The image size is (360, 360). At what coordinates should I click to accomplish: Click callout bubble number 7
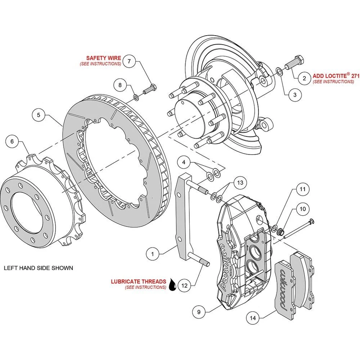129,61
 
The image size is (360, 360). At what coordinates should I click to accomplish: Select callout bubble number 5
39,115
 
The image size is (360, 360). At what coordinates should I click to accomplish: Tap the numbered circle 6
12,142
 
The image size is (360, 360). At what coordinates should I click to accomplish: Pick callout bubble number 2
304,78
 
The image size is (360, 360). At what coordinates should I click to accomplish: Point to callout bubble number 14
253,318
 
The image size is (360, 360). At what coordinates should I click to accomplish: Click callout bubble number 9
199,310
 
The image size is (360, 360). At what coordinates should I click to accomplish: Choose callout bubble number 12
184,285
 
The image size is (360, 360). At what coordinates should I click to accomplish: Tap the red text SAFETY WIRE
103,58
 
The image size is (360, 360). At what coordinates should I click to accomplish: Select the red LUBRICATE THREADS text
138,281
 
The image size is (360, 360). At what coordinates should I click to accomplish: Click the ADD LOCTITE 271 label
333,75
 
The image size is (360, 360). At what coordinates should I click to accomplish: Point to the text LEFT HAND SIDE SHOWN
38,268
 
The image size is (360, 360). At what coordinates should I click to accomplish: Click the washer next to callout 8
136,98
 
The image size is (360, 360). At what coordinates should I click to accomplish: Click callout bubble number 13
240,183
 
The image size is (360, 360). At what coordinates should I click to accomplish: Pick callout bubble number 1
153,254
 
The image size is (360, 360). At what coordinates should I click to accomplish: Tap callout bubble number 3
295,95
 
